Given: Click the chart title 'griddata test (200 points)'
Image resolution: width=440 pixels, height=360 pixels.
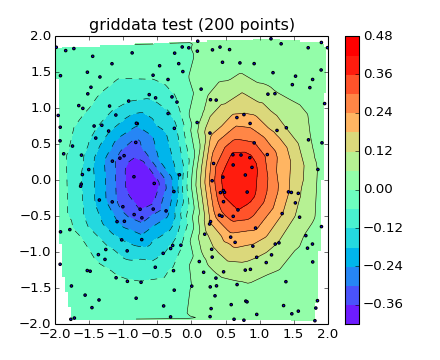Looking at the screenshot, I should click(x=192, y=24).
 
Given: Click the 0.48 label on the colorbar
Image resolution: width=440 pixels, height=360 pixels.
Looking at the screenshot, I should click(x=379, y=36).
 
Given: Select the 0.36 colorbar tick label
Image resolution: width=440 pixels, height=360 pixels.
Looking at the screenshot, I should click(x=379, y=74).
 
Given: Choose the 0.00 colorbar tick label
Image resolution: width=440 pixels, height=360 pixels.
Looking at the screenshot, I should click(x=379, y=189).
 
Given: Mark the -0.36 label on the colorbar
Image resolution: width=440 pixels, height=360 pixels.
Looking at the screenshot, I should click(x=381, y=304).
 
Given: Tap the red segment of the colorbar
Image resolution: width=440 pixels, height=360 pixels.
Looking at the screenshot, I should click(x=352, y=54).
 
